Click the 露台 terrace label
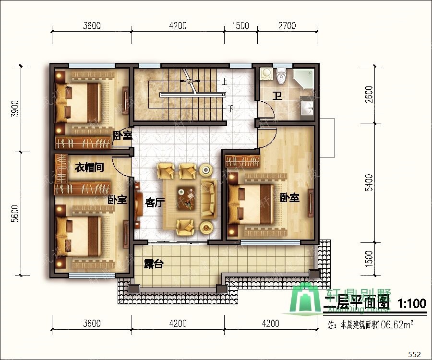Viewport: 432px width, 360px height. click(153, 264)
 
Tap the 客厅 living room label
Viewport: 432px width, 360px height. click(155, 203)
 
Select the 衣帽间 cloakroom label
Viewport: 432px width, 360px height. click(90, 168)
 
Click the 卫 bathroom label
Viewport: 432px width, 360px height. click(277, 96)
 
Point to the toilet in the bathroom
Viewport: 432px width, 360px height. click(282, 75)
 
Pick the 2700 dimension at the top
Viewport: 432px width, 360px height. click(287, 26)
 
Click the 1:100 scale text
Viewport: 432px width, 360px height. click(412, 303)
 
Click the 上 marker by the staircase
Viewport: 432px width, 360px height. click(224, 82)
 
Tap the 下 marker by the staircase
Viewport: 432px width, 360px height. click(232, 108)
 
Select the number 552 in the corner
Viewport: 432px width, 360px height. click(414, 354)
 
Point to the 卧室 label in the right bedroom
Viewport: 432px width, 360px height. click(290, 197)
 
